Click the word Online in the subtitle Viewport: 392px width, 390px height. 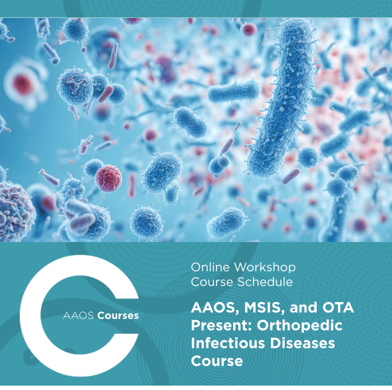(210, 267)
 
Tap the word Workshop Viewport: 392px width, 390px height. (265, 267)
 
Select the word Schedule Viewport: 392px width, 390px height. (265, 282)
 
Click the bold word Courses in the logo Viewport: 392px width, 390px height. (118, 316)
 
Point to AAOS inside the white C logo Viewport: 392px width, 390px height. (78, 316)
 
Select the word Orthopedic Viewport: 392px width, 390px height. (300, 326)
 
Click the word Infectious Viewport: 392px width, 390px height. (228, 343)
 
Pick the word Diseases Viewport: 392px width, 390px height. (303, 343)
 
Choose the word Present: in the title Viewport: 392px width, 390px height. (221, 326)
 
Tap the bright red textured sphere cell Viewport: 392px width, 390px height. (109, 178)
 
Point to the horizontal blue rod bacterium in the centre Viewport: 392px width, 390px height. (234, 92)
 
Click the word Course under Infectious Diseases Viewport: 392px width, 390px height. (216, 361)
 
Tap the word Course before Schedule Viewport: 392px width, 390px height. (212, 282)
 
